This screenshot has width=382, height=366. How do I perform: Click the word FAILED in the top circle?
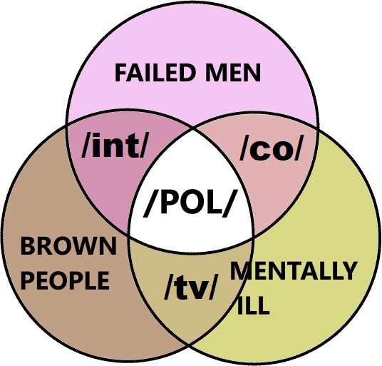click(x=155, y=73)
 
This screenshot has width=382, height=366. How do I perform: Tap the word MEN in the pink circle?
click(x=233, y=73)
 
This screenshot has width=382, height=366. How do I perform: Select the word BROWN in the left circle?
click(x=68, y=246)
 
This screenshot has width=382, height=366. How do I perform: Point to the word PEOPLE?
click(x=65, y=280)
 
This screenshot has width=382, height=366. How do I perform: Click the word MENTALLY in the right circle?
click(x=294, y=270)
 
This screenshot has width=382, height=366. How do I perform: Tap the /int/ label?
click(x=115, y=146)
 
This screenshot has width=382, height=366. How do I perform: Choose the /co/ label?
click(x=271, y=148)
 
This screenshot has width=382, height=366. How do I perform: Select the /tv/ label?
click(x=191, y=286)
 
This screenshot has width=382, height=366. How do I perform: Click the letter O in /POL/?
click(x=192, y=202)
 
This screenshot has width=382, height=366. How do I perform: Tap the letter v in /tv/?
click(x=197, y=289)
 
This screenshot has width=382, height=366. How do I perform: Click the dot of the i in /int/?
click(x=97, y=136)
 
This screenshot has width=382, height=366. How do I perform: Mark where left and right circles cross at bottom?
click(x=189, y=345)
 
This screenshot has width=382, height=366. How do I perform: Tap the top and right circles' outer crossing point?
click(x=317, y=128)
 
